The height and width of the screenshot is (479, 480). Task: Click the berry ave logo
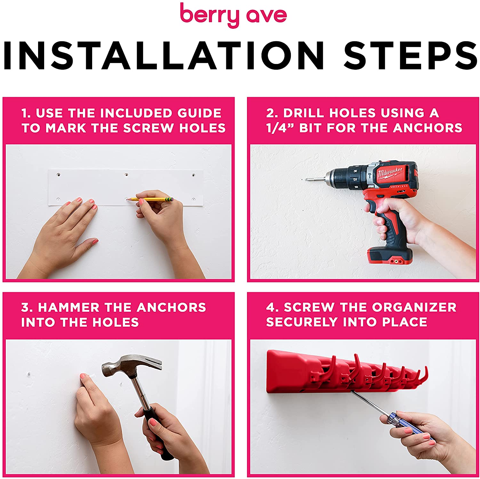pos(233,15)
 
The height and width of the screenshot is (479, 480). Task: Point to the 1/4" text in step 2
pos(280,128)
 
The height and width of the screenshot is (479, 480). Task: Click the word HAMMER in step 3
pos(69,307)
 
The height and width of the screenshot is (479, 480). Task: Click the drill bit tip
pos(306,179)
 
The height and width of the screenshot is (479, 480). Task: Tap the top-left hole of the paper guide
pos(59,175)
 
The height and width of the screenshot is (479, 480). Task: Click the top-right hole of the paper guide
pos(193,175)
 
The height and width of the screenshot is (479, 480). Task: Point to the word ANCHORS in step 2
pos(428,128)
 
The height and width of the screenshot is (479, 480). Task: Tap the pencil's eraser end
pos(171,199)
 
